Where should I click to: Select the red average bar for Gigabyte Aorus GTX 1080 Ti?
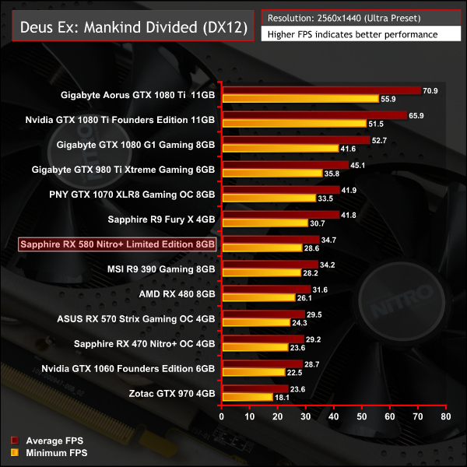click(x=321, y=91)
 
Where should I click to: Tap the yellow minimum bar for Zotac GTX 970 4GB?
click(x=247, y=397)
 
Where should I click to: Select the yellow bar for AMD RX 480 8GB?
click(x=258, y=298)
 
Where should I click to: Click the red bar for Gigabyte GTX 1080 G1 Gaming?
click(x=295, y=140)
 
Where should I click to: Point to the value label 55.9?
click(x=388, y=99)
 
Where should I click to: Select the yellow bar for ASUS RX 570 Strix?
click(x=255, y=322)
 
